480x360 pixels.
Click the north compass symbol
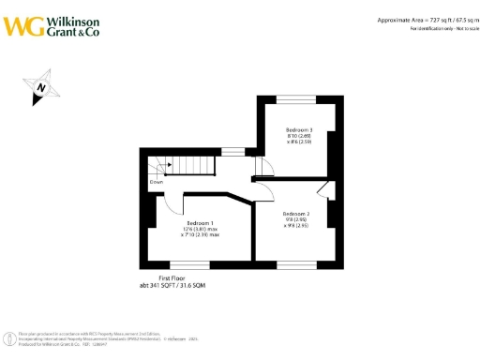[42, 89]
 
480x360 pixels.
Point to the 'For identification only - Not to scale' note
[443, 29]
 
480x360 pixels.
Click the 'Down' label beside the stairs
[156, 183]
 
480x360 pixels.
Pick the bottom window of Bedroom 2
[291, 263]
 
